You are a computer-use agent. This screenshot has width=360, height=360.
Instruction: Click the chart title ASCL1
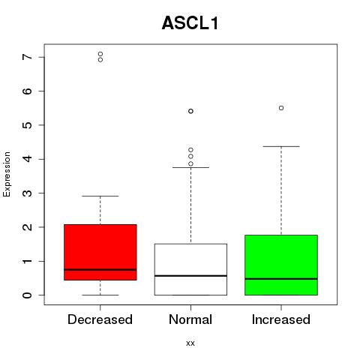point(190,23)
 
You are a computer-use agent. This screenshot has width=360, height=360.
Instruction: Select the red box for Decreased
point(100,252)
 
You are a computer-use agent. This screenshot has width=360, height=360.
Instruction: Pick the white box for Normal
point(190,269)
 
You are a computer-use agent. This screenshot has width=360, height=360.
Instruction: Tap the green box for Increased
point(281,265)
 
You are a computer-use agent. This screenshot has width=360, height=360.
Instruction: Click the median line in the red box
point(100,270)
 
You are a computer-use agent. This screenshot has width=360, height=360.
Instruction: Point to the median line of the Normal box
point(190,276)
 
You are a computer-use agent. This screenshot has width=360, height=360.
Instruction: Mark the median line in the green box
point(281,279)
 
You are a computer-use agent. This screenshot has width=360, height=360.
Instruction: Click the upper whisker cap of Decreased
point(100,196)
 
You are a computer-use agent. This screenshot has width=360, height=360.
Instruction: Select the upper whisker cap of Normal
point(190,167)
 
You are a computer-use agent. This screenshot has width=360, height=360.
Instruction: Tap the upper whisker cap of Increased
point(281,146)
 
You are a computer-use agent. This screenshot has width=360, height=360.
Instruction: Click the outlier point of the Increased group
point(281,108)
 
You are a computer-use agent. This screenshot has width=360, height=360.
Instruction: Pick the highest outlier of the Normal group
point(190,111)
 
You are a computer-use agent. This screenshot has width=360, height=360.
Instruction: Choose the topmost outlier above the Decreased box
point(100,54)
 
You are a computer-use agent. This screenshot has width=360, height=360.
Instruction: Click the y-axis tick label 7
point(28,57)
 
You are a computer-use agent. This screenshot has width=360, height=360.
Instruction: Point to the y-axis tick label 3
point(28,193)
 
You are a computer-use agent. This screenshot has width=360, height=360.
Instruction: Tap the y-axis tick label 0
point(28,295)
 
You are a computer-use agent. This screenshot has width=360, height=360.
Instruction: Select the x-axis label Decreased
point(100,319)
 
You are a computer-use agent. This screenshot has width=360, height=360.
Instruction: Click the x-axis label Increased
point(281,319)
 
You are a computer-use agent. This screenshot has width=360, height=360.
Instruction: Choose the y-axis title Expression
point(7,174)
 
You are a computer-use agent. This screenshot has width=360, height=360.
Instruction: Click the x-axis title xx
point(190,343)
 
